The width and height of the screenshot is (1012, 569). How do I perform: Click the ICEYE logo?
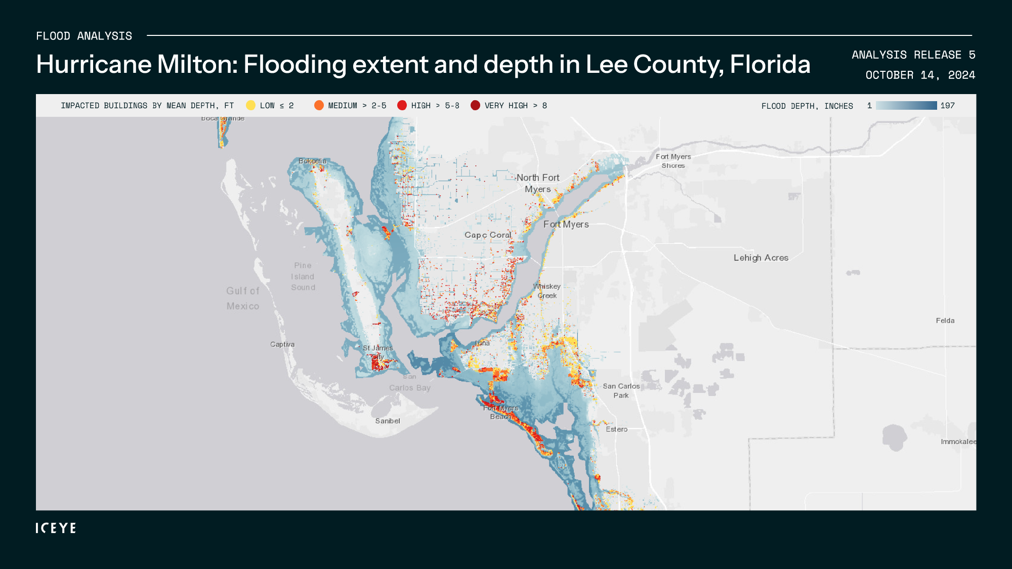click(56, 528)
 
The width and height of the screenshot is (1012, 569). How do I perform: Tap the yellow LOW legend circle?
click(250, 105)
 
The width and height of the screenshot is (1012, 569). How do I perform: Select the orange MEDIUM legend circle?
click(319, 105)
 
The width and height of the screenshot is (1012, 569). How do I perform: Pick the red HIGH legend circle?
click(402, 105)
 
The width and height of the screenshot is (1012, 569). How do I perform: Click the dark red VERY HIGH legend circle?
click(475, 105)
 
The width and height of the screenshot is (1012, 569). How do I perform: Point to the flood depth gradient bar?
click(906, 105)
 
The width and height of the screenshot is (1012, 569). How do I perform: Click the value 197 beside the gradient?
click(947, 106)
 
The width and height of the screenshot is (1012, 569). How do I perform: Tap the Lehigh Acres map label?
click(761, 258)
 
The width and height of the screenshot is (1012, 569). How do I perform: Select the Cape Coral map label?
click(488, 235)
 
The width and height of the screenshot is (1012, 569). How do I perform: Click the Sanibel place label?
click(388, 421)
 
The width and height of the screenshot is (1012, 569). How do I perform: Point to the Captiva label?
click(282, 344)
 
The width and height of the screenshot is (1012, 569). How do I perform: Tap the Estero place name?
click(617, 429)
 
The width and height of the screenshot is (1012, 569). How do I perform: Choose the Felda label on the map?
click(945, 321)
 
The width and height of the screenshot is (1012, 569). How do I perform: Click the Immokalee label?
click(958, 442)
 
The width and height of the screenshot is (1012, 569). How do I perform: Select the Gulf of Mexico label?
click(243, 298)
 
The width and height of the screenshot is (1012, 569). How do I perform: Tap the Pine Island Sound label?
click(303, 277)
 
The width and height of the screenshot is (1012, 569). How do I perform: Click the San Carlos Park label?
click(621, 391)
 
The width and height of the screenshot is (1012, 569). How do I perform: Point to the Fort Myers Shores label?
click(673, 161)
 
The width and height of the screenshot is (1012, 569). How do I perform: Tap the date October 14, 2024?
click(920, 75)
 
